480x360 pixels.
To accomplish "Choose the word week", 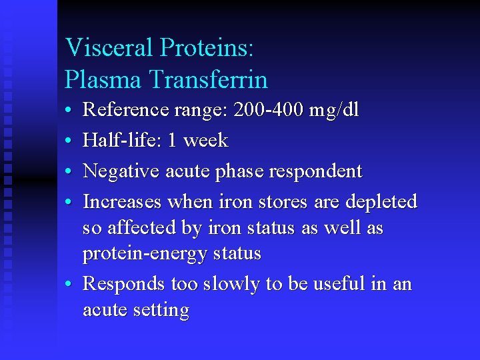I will [x=206, y=141].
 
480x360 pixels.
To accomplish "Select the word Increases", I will [x=122, y=201].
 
